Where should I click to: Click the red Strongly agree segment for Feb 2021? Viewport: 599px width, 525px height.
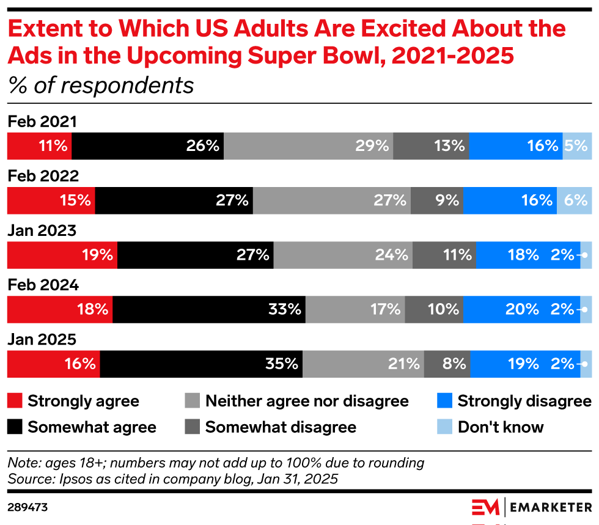click(39, 146)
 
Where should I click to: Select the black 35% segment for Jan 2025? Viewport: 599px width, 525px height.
click(201, 364)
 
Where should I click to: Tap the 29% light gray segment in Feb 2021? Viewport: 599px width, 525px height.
click(308, 146)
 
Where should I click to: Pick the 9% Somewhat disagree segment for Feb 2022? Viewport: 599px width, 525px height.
click(436, 200)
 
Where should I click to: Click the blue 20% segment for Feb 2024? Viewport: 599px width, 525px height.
click(521, 310)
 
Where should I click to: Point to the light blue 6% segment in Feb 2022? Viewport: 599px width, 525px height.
click(574, 200)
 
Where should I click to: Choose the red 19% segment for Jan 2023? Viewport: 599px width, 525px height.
click(62, 255)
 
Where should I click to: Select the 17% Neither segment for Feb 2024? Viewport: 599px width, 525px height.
click(355, 310)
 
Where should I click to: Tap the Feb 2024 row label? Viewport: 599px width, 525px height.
click(43, 285)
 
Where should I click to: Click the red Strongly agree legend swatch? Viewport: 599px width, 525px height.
click(15, 401)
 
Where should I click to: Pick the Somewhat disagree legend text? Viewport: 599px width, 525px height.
click(281, 427)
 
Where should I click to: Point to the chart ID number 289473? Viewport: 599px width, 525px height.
click(28, 507)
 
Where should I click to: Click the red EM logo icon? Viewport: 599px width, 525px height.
click(485, 508)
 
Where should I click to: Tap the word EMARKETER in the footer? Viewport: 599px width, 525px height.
click(551, 508)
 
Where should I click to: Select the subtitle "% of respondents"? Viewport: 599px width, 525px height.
click(101, 86)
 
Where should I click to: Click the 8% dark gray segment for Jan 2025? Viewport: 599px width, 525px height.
click(446, 364)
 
